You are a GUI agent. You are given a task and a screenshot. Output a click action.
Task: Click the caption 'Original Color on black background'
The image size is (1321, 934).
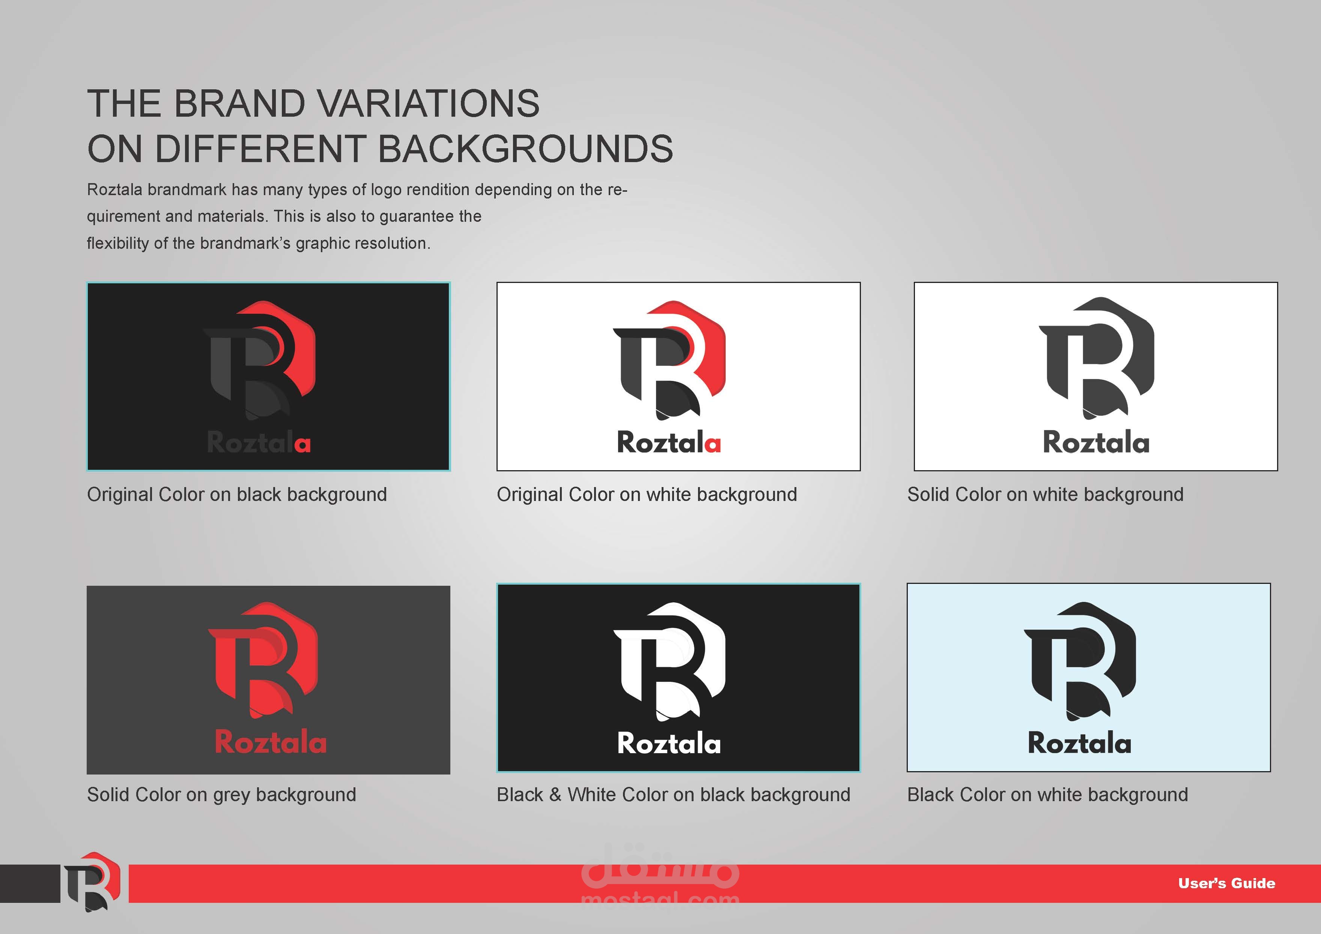pyautogui.click(x=237, y=495)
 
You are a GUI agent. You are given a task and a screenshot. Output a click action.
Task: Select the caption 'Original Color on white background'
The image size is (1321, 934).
pyautogui.click(x=647, y=495)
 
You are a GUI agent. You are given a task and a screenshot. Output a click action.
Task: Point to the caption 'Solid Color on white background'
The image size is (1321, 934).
pyautogui.click(x=1046, y=495)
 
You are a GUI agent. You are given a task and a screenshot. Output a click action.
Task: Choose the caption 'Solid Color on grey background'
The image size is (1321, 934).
pyautogui.click(x=221, y=795)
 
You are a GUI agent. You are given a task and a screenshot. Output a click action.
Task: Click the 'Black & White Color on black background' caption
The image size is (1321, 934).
pyautogui.click(x=674, y=795)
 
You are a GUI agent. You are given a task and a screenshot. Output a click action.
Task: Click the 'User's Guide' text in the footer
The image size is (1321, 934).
pyautogui.click(x=1227, y=883)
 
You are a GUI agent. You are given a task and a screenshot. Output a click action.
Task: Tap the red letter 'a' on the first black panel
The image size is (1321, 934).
pyautogui.click(x=302, y=444)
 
